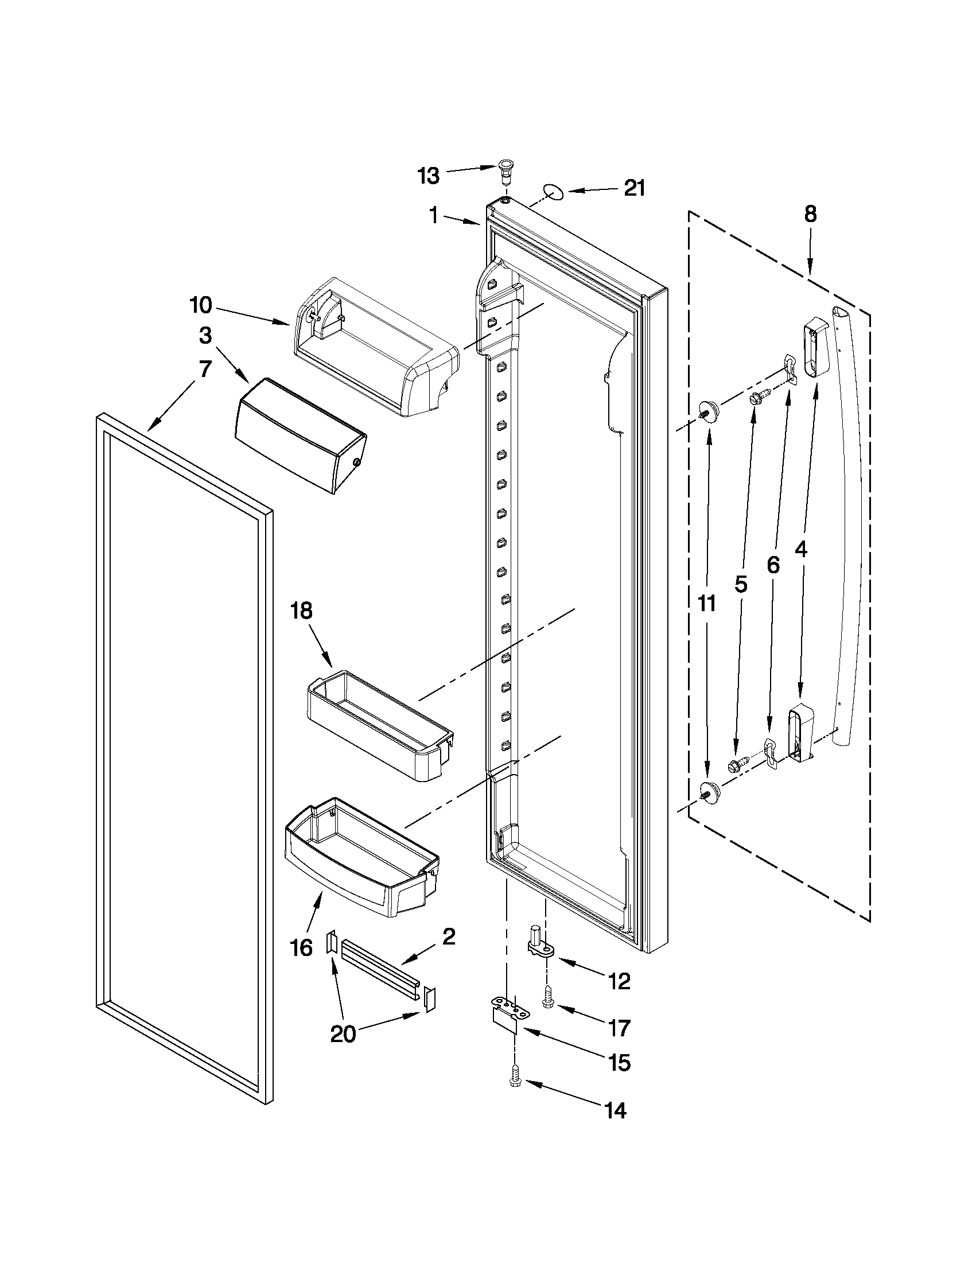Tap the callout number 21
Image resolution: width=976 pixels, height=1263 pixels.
pyautogui.click(x=634, y=188)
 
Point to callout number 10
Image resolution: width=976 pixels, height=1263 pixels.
pyautogui.click(x=201, y=305)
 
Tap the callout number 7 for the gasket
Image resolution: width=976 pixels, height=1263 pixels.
pyautogui.click(x=205, y=368)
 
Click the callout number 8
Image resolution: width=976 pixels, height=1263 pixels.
pyautogui.click(x=810, y=215)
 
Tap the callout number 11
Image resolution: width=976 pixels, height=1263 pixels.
pyautogui.click(x=706, y=603)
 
